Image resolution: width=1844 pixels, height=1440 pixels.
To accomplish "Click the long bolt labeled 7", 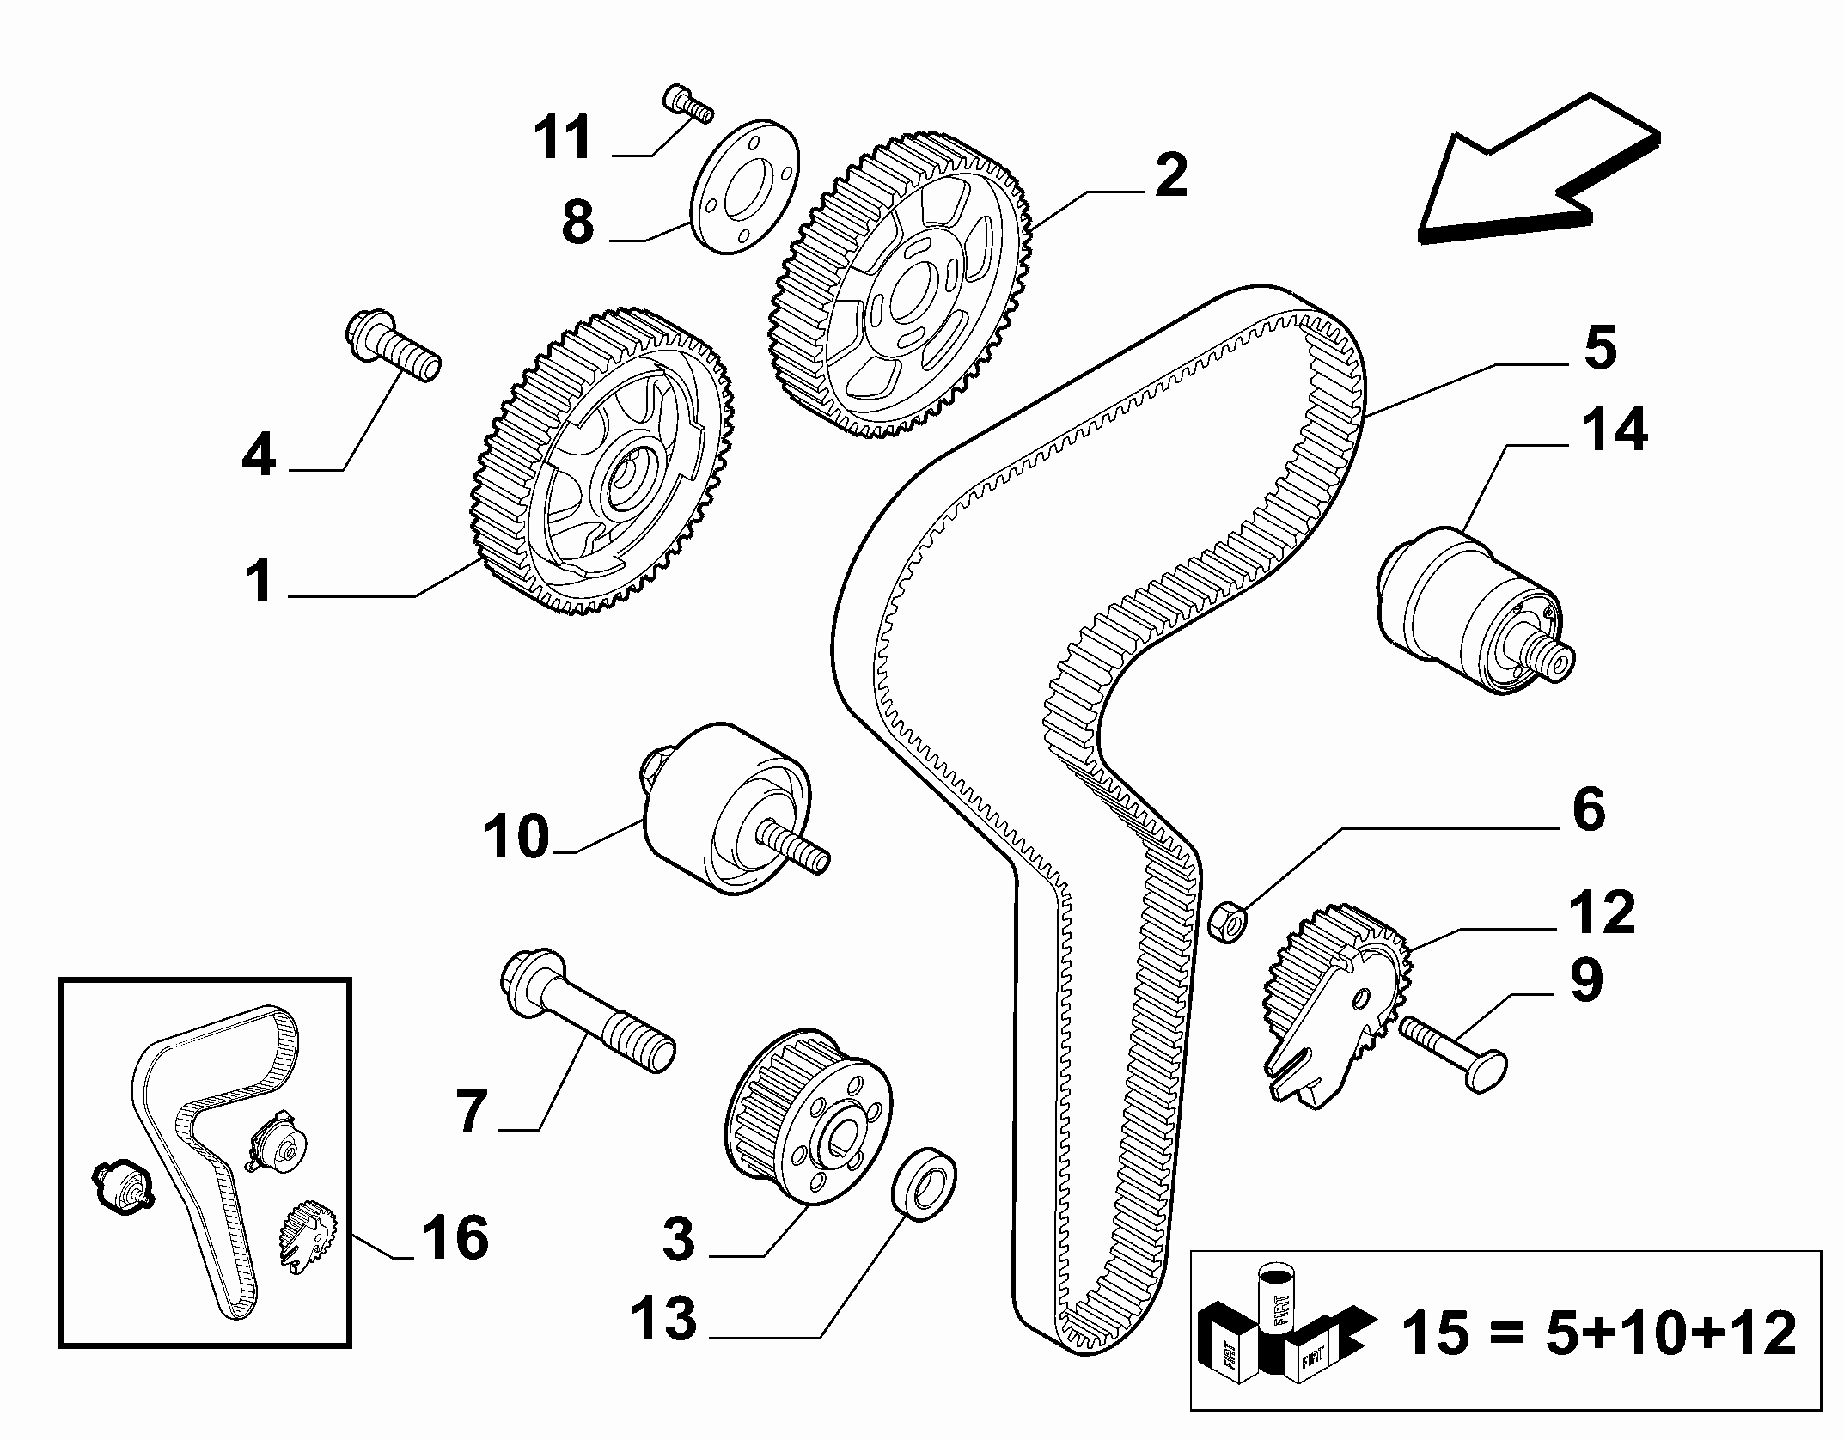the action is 587,1013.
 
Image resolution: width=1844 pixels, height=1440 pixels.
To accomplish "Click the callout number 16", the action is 454,1238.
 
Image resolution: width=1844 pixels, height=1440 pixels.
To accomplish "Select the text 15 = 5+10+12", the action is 1599,1332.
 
